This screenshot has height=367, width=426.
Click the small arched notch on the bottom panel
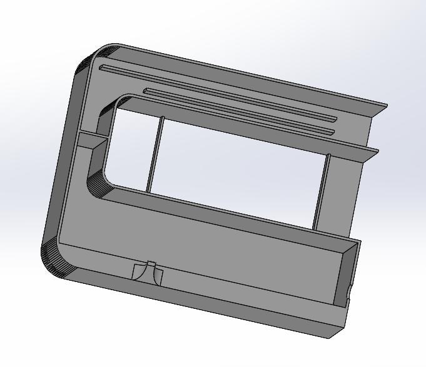pyautogui.click(x=148, y=273)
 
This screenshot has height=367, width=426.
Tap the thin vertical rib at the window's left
pyautogui.click(x=155, y=154)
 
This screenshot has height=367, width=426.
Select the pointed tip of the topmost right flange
pyautogui.click(x=386, y=106)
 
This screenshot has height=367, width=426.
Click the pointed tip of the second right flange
pyautogui.click(x=377, y=151)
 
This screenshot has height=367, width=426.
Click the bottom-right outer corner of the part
pyautogui.click(x=329, y=337)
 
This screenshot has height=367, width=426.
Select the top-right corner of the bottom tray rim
pyautogui.click(x=359, y=240)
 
